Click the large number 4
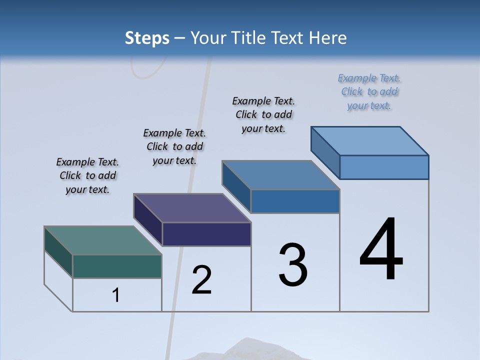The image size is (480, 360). coord(381,249)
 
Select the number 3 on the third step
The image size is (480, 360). coord(293,265)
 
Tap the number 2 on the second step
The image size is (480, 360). coord(201,280)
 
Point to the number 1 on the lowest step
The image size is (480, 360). coord(116,295)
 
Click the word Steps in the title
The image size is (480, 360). coord(147,38)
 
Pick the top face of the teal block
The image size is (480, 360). coord(103,240)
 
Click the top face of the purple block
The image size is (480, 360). coord(192,208)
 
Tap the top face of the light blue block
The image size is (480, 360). coord(370,140)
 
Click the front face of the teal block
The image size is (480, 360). coord(117,266)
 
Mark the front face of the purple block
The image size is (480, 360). coord(206,234)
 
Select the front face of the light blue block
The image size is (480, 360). coord(384,167)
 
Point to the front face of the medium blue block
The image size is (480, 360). coord(295,201)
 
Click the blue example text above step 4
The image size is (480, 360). coord(369,92)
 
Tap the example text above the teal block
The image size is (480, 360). coord(87,176)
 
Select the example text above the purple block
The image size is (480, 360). coord(174,147)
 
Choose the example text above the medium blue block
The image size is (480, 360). coord(263,115)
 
